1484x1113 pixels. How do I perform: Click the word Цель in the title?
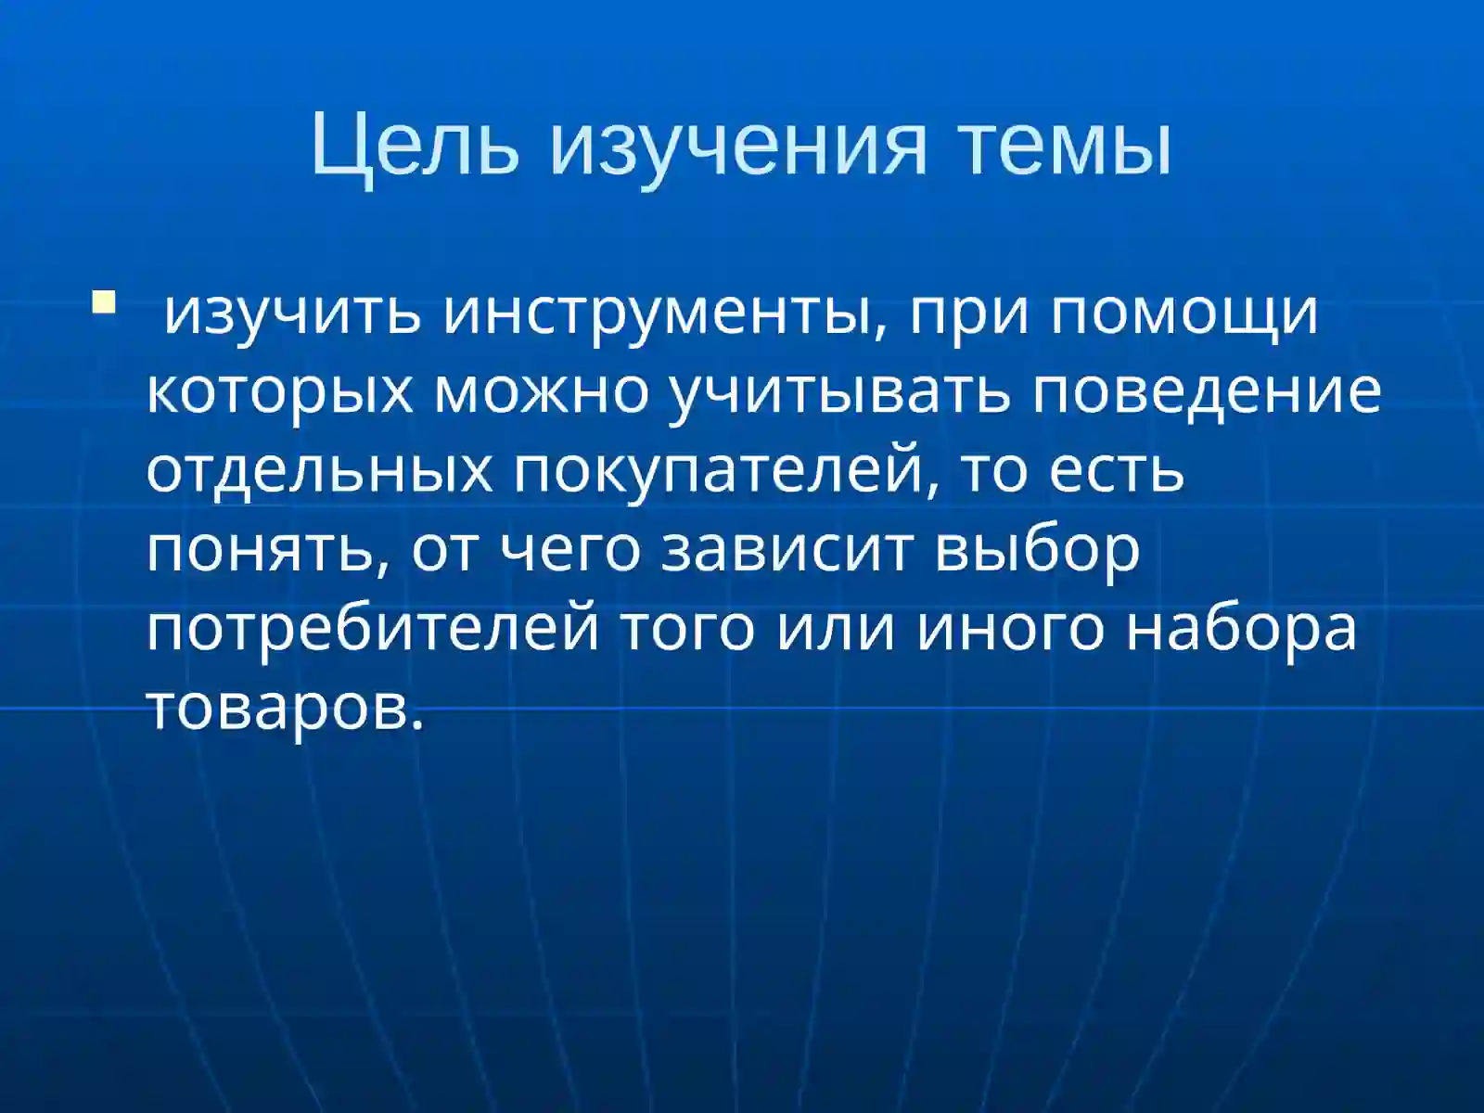(415, 146)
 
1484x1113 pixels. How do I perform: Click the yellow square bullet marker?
(103, 302)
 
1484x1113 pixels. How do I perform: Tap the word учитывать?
(840, 391)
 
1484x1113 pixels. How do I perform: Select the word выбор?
(1037, 549)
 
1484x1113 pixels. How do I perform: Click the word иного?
(1011, 628)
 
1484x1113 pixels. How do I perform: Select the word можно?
(543, 391)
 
